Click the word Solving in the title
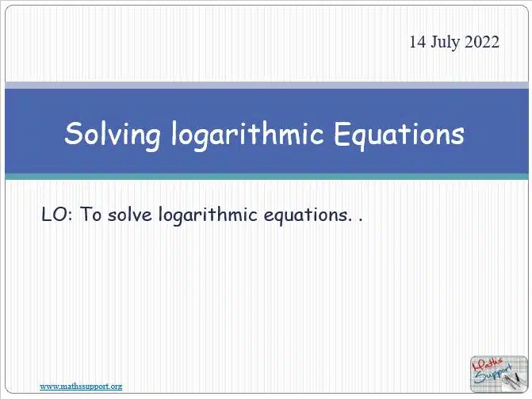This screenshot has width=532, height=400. click(x=113, y=135)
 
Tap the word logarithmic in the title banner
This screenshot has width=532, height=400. click(x=247, y=135)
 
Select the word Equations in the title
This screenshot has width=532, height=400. click(x=399, y=134)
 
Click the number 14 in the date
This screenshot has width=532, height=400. click(x=417, y=42)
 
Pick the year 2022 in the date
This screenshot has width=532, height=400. click(x=482, y=42)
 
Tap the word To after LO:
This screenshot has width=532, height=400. click(x=90, y=214)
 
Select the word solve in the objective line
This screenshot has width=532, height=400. click(x=129, y=214)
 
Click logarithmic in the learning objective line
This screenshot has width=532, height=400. click(x=208, y=215)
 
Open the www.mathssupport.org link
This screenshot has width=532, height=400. click(x=81, y=387)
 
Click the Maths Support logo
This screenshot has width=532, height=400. click(x=499, y=374)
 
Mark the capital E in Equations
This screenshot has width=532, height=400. click(x=343, y=133)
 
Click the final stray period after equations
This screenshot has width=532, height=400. click(x=360, y=220)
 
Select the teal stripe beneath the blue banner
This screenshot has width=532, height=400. click(x=266, y=177)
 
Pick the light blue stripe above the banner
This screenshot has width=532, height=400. click(x=266, y=85)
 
